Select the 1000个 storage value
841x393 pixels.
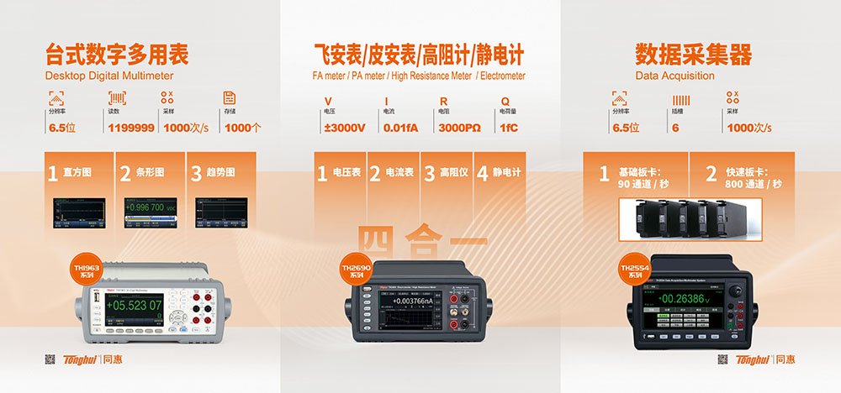coord(244,128)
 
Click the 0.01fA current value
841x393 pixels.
coord(401,128)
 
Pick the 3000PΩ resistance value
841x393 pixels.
coord(459,128)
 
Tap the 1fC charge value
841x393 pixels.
coord(509,128)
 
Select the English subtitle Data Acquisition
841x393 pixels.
coord(674,76)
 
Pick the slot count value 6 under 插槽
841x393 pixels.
coord(675,128)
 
